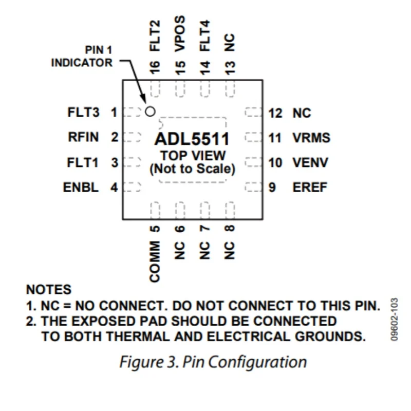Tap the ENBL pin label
click(81, 187)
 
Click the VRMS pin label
click(311, 138)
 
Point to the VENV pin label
click(311, 163)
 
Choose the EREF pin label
click(310, 187)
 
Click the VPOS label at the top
click(180, 34)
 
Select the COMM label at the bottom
click(155, 261)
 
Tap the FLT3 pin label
click(83, 113)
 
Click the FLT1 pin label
click(83, 162)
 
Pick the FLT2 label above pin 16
click(155, 36)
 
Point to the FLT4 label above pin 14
click(205, 36)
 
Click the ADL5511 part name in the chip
click(192, 139)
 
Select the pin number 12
click(275, 113)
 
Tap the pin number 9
click(272, 187)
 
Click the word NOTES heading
click(49, 290)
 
